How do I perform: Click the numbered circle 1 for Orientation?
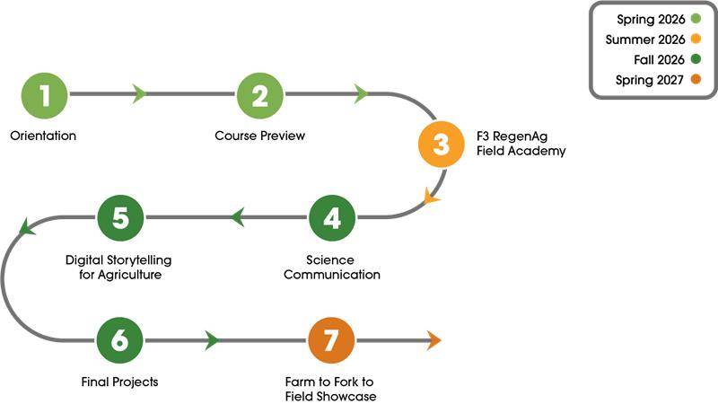[43, 94]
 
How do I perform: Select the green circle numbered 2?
[260, 94]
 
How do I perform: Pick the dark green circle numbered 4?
[332, 216]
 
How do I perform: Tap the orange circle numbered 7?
[332, 340]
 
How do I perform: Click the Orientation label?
[43, 136]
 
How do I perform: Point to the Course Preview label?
[260, 136]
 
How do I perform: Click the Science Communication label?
[332, 267]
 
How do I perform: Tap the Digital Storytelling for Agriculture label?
[119, 267]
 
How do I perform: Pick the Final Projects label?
[119, 382]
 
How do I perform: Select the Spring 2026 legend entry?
[651, 19]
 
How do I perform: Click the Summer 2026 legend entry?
[645, 40]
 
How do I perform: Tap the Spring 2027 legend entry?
[651, 81]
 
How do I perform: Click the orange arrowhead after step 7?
[434, 340]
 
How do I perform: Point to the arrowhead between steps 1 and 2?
[139, 94]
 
